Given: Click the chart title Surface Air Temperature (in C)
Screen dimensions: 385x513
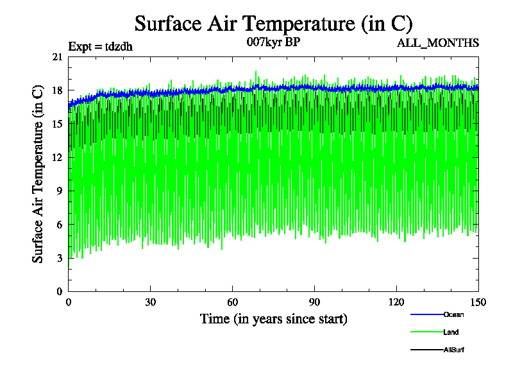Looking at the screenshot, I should pyautogui.click(x=273, y=24).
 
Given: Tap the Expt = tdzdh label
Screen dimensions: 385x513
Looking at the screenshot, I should pyautogui.click(x=100, y=46).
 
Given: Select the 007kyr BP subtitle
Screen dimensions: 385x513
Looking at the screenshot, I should pyautogui.click(x=273, y=42).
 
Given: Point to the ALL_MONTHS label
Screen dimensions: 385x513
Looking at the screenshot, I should pyautogui.click(x=438, y=43).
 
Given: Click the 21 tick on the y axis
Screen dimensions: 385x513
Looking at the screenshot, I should pyautogui.click(x=57, y=57).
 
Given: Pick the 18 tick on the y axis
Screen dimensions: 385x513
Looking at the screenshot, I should pyautogui.click(x=57, y=90).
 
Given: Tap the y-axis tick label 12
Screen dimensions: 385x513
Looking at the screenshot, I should pyautogui.click(x=57, y=158).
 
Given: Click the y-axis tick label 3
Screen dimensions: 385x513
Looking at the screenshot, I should pyautogui.click(x=60, y=258).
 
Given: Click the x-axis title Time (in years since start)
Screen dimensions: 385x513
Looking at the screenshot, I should pyautogui.click(x=273, y=319).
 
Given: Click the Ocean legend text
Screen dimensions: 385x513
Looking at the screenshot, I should pyautogui.click(x=453, y=314).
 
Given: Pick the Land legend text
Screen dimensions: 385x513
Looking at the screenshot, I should pyautogui.click(x=451, y=332).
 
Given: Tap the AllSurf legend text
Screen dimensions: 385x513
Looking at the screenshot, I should pyautogui.click(x=454, y=350).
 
